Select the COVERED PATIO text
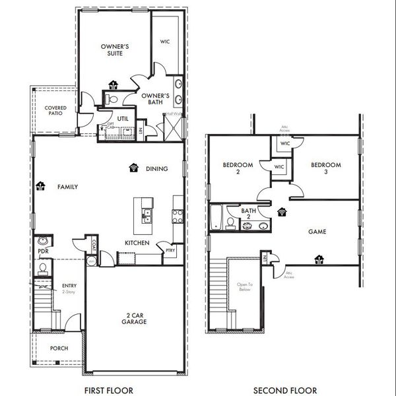pyautogui.click(x=54, y=110)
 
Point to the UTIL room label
pyautogui.click(x=123, y=119)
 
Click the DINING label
pyautogui.click(x=157, y=169)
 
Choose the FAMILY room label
pyautogui.click(x=67, y=187)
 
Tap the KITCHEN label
pyautogui.click(x=137, y=243)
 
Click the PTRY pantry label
pyautogui.click(x=170, y=251)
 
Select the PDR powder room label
pyautogui.click(x=43, y=251)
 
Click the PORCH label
pyautogui.click(x=59, y=348)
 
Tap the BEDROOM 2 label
pyautogui.click(x=234, y=168)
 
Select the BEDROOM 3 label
pyautogui.click(x=326, y=168)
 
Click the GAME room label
pyautogui.click(x=318, y=232)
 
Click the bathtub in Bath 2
pyautogui.click(x=216, y=218)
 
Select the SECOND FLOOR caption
pyautogui.click(x=285, y=390)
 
